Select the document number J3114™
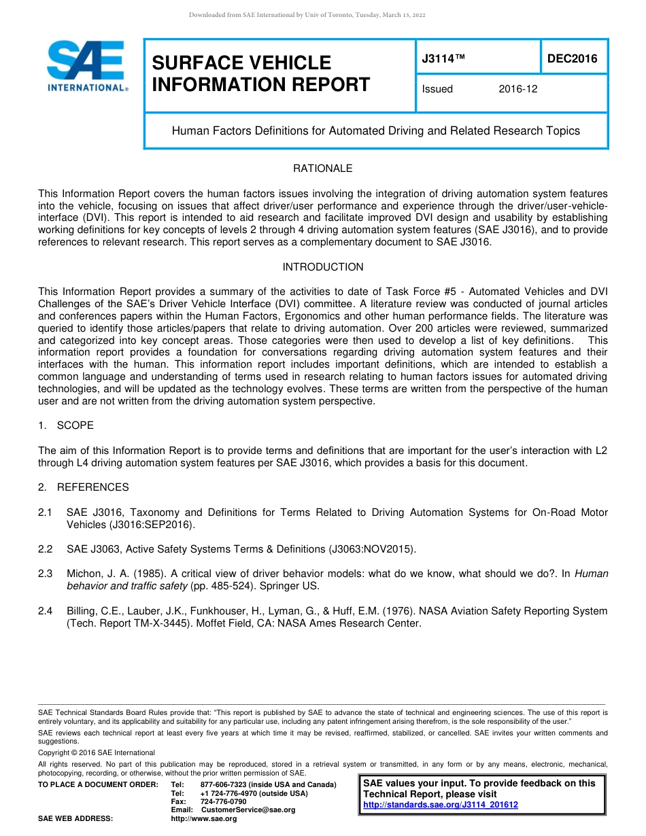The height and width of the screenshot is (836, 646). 443,58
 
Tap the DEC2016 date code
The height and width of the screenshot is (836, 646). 573,58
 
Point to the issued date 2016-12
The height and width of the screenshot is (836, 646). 517,89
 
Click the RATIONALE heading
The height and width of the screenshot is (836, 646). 322,169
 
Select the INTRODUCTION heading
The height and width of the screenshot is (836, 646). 322,267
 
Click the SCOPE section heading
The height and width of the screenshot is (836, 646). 75,425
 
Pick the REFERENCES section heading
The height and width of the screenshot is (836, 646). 92,487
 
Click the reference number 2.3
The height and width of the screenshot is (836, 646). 46,574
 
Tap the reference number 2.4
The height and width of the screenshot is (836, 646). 46,611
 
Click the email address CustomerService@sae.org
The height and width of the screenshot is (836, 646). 248,809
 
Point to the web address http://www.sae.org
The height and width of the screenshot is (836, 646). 204,818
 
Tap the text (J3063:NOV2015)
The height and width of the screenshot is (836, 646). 372,549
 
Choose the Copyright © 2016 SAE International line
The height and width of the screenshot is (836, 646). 97,752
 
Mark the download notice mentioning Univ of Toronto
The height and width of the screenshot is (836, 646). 307,15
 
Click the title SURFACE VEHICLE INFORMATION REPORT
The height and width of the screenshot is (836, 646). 260,73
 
